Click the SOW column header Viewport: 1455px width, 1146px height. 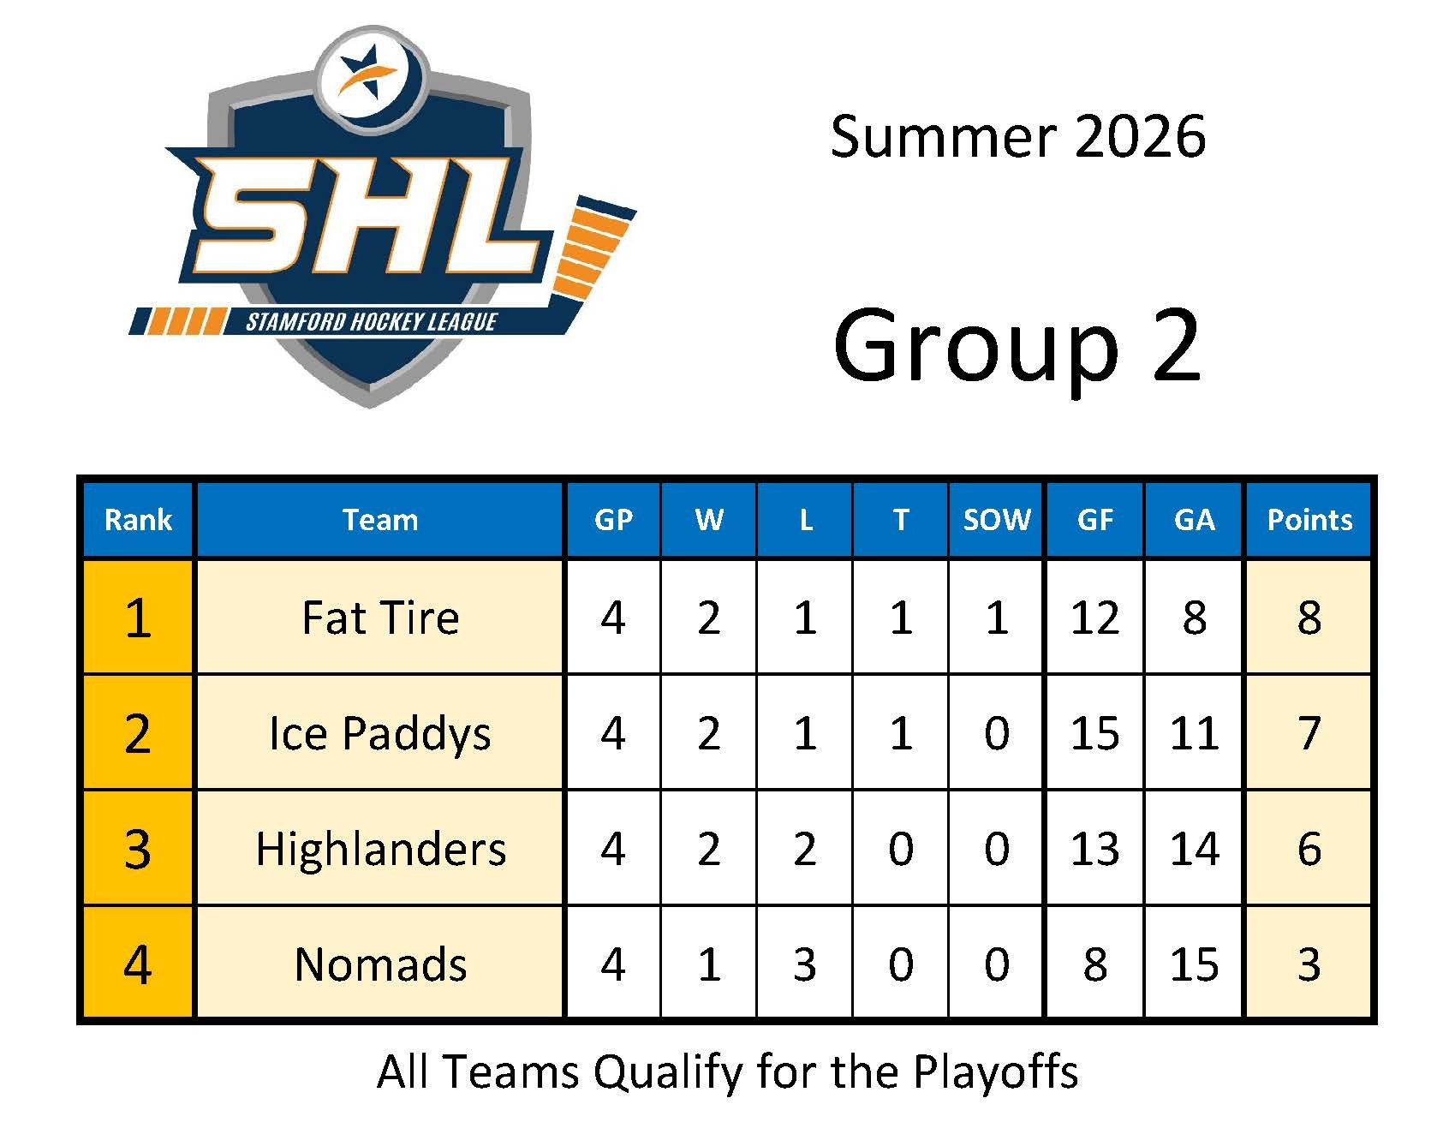(997, 520)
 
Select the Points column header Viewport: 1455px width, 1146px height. (1309, 520)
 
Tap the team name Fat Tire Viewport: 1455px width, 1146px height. (380, 618)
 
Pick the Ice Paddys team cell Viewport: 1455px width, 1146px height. (380, 734)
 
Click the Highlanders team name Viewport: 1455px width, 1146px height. (380, 849)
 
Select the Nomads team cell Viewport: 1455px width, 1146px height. (380, 964)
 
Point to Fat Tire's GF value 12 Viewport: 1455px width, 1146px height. (1094, 618)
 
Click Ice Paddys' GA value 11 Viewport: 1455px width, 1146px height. (1194, 733)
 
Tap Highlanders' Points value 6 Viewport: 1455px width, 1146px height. (1309, 849)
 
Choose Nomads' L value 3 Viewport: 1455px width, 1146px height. (804, 964)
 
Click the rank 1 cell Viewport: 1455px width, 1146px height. (138, 618)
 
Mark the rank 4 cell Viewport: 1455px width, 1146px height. (138, 965)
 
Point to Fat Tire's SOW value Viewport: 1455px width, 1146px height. (997, 618)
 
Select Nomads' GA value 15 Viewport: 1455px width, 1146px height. (1194, 964)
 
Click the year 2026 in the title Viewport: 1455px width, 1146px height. (1140, 136)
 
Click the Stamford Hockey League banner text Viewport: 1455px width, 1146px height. (372, 322)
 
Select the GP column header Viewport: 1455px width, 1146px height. (613, 520)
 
